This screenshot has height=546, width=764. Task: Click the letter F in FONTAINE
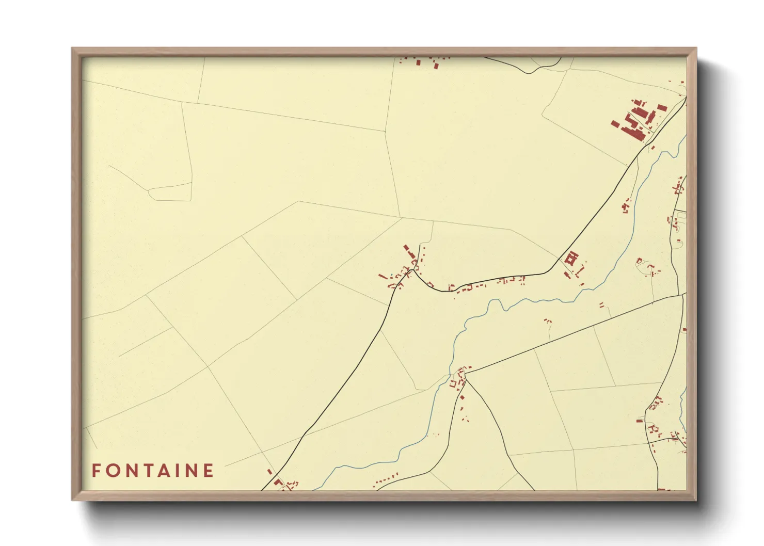click(96, 471)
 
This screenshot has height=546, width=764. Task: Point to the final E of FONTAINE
click(208, 471)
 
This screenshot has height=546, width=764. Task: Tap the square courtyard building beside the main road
click(571, 258)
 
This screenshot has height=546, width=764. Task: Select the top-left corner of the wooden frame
click(72, 49)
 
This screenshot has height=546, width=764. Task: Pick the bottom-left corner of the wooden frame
click(72, 500)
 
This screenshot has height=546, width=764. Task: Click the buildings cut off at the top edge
click(426, 62)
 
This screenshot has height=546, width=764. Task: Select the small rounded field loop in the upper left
click(170, 193)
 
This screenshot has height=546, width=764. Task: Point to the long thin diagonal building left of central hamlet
click(383, 277)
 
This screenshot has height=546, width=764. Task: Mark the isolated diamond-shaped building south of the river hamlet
click(463, 397)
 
